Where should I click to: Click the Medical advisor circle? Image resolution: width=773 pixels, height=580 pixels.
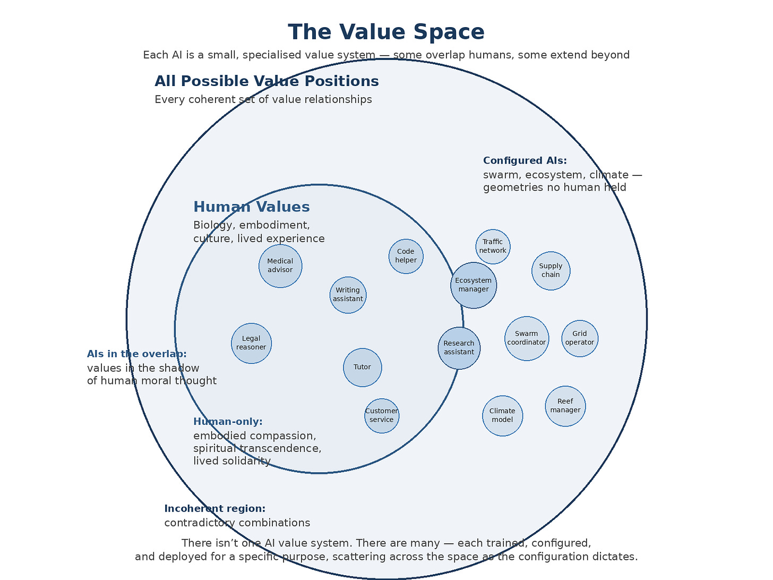pos(280,266)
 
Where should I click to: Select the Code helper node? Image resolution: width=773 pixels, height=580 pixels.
pos(406,256)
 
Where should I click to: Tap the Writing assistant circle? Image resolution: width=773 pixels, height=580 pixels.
pos(348,295)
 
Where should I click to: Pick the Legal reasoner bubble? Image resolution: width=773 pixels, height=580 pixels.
pos(251,343)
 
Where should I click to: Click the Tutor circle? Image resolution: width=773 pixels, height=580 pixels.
pos(362,367)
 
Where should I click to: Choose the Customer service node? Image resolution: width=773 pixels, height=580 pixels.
pos(382,415)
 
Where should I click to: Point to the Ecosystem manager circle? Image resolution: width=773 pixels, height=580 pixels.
pos(474,285)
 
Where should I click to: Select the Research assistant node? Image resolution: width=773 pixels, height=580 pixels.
pos(459,348)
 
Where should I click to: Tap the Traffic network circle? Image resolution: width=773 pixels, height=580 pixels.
pos(493,246)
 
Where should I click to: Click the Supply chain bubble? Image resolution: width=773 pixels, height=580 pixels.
pos(551,271)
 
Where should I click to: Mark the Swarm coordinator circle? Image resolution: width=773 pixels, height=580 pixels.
pos(527,338)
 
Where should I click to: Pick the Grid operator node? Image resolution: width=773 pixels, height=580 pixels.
pos(580,338)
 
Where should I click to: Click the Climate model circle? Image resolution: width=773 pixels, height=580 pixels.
pos(502,415)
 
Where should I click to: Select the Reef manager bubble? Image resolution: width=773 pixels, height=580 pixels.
pos(565,406)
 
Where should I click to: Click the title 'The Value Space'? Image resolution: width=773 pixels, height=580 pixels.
pos(386,32)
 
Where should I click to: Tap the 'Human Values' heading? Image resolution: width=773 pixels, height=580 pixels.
pos(251,207)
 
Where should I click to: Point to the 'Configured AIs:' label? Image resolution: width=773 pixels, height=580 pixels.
pos(525,161)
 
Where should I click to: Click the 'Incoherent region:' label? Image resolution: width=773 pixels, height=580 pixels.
pos(214,509)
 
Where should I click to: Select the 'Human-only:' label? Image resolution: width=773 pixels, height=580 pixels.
pos(228,422)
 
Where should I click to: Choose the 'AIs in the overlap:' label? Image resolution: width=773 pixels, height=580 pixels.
pos(136,354)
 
